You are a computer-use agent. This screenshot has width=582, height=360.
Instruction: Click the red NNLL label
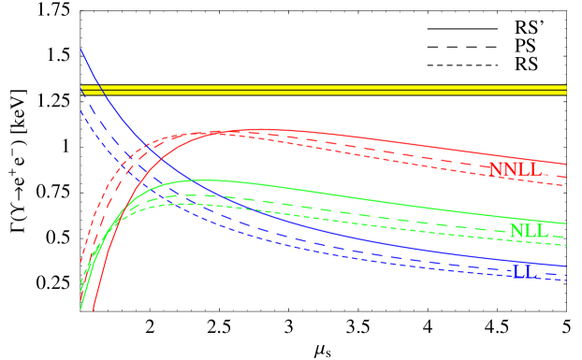(520, 170)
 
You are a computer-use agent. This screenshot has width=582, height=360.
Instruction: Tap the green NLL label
(531, 231)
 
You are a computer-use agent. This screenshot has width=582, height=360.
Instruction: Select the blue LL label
(525, 270)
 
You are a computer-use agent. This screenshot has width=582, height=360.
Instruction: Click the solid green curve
(374, 198)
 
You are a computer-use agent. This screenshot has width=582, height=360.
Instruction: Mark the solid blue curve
(374, 240)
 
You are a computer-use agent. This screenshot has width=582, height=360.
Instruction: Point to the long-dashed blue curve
(374, 253)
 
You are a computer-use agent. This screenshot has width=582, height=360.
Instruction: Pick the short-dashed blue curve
(374, 263)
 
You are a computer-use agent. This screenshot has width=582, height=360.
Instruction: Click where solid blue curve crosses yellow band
(98, 90)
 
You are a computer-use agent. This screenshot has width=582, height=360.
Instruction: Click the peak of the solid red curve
(260, 129)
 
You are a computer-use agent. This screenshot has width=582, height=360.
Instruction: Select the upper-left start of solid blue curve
(81, 50)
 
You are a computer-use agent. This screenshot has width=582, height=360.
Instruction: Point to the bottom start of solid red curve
(94, 309)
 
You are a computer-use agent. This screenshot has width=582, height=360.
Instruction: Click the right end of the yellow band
(565, 90)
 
